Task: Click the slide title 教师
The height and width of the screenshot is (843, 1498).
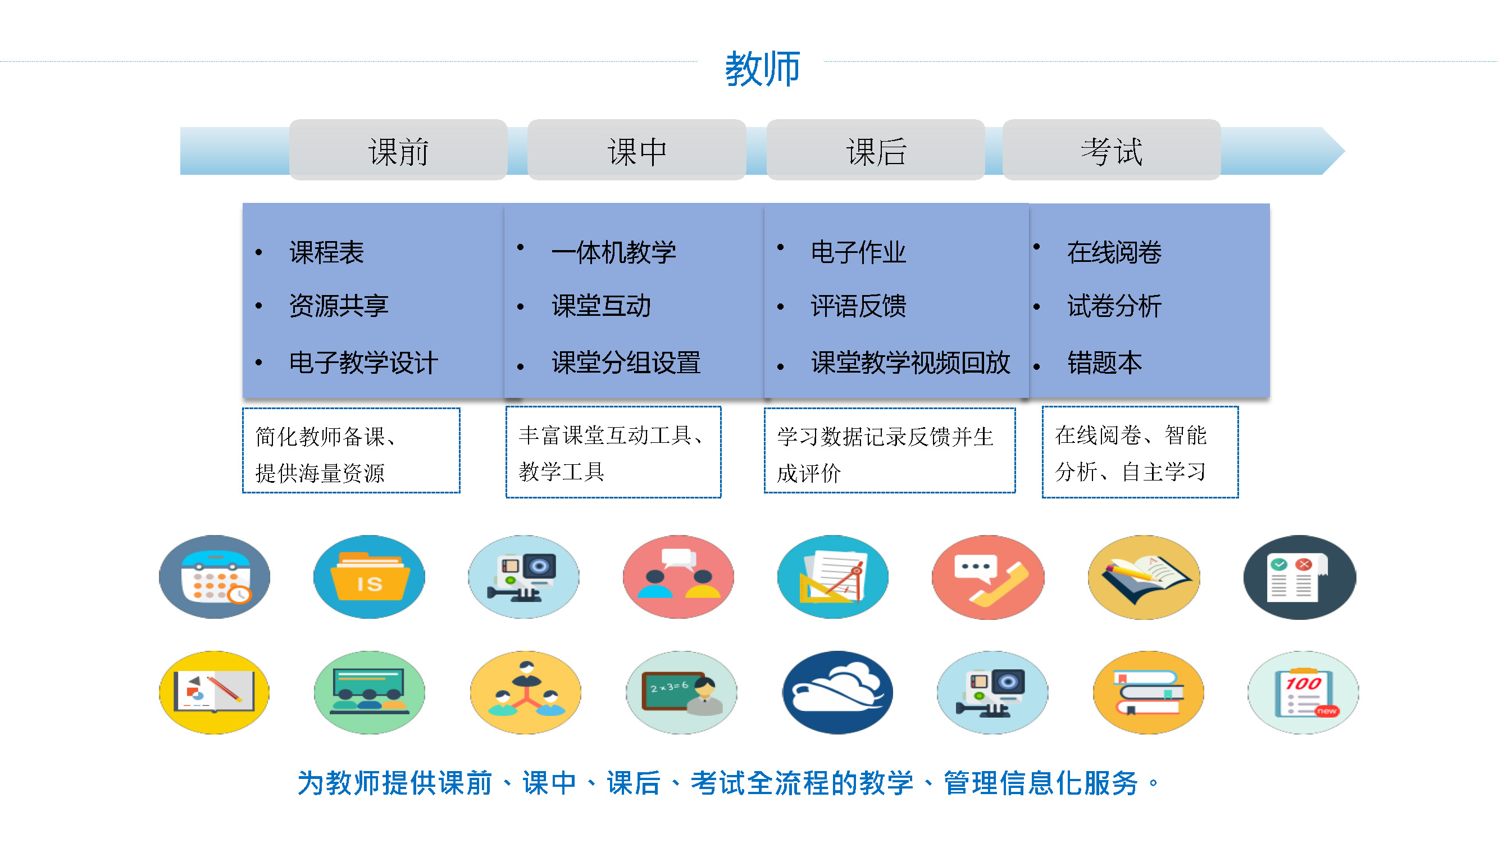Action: tap(762, 69)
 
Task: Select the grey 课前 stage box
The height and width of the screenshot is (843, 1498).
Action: tap(398, 150)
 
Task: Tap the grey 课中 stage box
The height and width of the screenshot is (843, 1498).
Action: tap(637, 150)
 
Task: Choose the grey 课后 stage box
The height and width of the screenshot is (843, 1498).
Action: tap(876, 150)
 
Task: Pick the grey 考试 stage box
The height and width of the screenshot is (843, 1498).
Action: tap(1112, 150)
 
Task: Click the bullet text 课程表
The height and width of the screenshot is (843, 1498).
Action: tap(326, 252)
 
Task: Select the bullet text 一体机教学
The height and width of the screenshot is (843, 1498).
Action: tap(613, 252)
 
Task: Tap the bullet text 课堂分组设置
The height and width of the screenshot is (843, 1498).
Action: tap(626, 363)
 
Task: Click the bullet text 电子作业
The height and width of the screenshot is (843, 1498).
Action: tap(858, 252)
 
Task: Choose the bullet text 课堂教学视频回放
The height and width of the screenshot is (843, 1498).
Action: tap(910, 363)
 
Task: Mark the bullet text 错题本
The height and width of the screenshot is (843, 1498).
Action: tap(1104, 363)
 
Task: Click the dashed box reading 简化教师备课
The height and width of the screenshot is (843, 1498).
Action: tap(351, 450)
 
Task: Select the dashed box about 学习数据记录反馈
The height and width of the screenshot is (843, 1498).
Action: tap(890, 450)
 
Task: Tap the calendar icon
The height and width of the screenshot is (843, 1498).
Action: tap(215, 577)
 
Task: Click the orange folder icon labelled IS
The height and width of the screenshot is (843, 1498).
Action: tap(369, 577)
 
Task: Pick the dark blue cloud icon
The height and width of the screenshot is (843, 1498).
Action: tap(837, 692)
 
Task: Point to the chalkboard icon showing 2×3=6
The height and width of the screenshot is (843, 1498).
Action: tap(681, 692)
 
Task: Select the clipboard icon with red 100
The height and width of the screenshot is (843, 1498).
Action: tap(1303, 692)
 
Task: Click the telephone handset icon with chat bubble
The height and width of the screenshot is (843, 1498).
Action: tap(988, 577)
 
